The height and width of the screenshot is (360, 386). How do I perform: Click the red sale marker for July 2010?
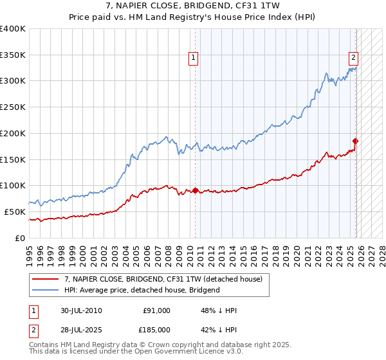point(195,190)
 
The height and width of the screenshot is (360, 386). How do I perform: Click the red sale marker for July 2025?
point(355,141)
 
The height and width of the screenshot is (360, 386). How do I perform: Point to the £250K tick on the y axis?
point(13,107)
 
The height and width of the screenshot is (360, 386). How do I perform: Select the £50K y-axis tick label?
point(15,212)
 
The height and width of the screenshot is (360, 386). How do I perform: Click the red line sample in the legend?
point(46,280)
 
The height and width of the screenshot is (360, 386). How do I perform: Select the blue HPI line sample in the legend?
point(46,290)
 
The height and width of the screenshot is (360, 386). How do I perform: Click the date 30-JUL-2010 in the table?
point(80,310)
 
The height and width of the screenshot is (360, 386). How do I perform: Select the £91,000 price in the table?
point(156,310)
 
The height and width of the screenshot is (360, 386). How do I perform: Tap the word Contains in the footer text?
point(44,345)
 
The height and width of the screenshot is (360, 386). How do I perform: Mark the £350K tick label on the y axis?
point(13,55)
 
